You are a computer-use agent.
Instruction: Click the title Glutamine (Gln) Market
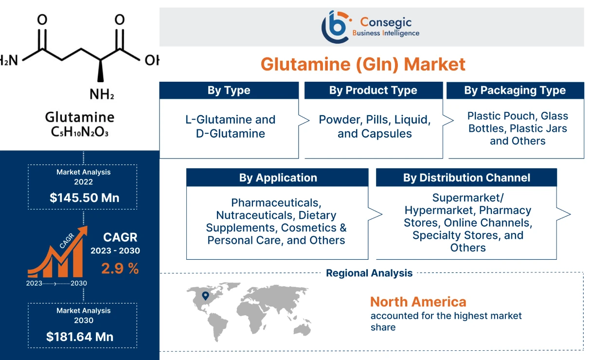tap(363, 64)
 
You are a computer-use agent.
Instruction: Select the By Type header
tap(229, 90)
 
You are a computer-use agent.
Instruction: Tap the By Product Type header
tap(373, 90)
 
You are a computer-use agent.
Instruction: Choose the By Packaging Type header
tap(515, 90)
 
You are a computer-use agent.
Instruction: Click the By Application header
tap(278, 178)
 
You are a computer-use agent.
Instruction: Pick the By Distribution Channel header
tap(466, 178)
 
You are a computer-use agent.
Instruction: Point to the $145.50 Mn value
tap(84, 198)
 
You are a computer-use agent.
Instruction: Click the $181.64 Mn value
tap(80, 336)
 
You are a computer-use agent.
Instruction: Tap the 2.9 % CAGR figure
tap(120, 268)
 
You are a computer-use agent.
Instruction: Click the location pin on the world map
tap(205, 296)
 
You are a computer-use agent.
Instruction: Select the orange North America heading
tap(418, 302)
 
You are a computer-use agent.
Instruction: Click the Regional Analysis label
tap(369, 273)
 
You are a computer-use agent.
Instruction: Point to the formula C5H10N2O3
tap(80, 131)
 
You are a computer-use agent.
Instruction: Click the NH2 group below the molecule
tap(102, 94)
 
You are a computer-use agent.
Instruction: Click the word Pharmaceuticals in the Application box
tap(276, 202)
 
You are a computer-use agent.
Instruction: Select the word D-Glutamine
tap(231, 133)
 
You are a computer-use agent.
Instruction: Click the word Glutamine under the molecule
tap(80, 117)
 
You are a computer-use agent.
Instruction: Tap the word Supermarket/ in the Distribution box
tap(468, 198)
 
